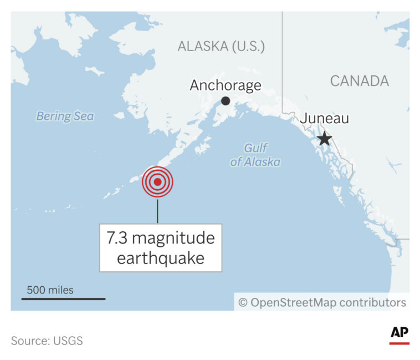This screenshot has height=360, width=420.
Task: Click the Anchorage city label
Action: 226,85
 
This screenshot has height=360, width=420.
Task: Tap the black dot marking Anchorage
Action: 226,100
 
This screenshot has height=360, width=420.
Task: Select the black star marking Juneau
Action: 324,139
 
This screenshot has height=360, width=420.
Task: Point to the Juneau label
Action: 325,119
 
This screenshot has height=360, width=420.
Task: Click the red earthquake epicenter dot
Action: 157,181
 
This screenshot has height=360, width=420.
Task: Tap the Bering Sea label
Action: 65,116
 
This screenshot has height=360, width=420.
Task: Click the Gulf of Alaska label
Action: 255,155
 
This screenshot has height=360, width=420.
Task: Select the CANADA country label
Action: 360,81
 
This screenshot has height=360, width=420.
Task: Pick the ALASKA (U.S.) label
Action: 221,46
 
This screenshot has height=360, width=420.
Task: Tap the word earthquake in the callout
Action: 160,258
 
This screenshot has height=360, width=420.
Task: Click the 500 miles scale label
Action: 50,290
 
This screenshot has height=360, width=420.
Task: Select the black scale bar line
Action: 63,298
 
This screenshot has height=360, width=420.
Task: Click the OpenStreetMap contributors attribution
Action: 328,302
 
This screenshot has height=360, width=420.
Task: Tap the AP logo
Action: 399,332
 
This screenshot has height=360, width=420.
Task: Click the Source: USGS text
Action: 47,341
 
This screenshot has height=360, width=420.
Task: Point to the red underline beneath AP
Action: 399,343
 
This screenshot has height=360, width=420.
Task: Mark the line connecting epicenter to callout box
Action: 157,211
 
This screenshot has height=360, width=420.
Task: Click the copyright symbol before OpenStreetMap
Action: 243,302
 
